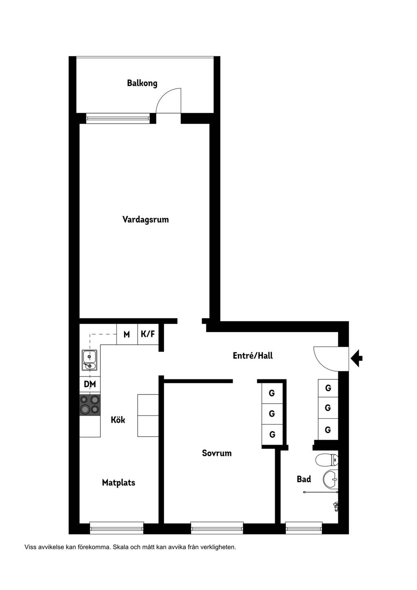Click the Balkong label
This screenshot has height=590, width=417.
(142, 83)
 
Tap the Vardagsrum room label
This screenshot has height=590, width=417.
(145, 219)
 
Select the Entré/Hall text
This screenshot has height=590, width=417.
(253, 356)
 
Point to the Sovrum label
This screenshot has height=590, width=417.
(217, 453)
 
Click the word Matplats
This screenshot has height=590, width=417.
(119, 482)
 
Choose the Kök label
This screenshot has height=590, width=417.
(118, 420)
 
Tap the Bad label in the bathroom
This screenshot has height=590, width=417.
(304, 479)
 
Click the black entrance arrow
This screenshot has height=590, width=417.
(357, 358)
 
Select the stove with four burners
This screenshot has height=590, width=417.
(90, 405)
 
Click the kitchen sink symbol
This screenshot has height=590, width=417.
(90, 360)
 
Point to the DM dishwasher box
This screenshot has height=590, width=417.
(90, 384)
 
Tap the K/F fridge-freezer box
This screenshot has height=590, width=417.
(148, 334)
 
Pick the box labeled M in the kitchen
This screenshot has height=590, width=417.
(127, 334)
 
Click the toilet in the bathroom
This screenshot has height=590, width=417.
(327, 460)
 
